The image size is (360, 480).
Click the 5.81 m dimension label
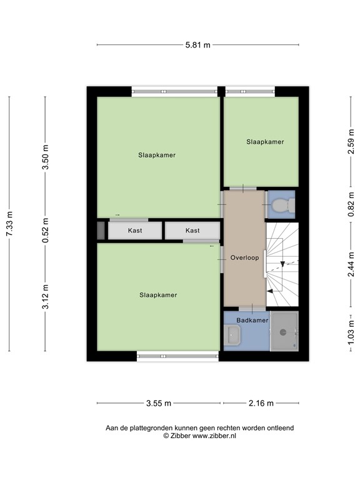coord(197,44)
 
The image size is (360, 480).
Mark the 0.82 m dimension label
coord(351,204)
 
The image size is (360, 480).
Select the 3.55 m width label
coord(159,403)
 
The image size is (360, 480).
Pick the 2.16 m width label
coord(261,403)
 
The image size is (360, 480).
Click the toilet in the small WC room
coord(284,204)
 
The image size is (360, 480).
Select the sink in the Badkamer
coord(233,335)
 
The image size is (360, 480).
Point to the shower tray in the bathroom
coord(284,331)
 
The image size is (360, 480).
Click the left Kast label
coord(135,231)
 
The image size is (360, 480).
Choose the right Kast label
coord(192,231)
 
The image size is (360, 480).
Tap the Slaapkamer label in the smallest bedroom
coord(265,142)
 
